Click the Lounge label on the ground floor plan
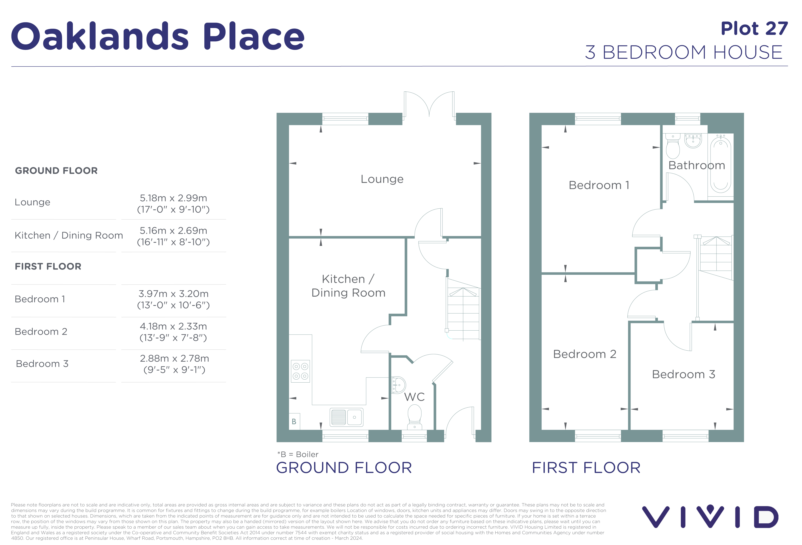point(382,179)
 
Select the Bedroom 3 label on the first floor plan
point(683,374)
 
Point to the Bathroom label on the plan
point(696,165)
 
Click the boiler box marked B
point(294,421)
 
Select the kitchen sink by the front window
point(346,417)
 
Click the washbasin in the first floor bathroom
point(693,141)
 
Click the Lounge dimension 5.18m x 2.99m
point(173,198)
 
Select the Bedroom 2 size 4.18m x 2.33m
point(173,326)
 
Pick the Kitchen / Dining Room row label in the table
point(69,235)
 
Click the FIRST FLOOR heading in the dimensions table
point(48,266)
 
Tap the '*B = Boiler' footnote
point(298,454)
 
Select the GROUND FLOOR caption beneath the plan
point(344,468)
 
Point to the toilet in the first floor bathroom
point(673,146)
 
